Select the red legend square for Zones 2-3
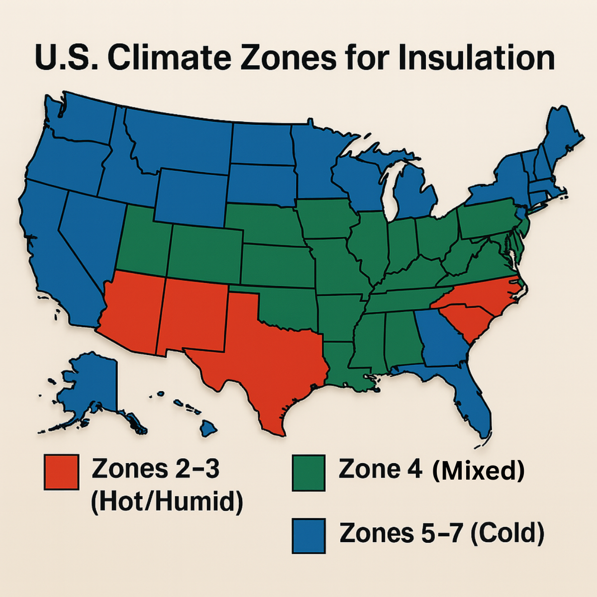click(x=61, y=472)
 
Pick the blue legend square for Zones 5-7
click(x=308, y=535)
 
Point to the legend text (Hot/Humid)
click(x=167, y=501)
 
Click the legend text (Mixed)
click(x=478, y=470)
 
